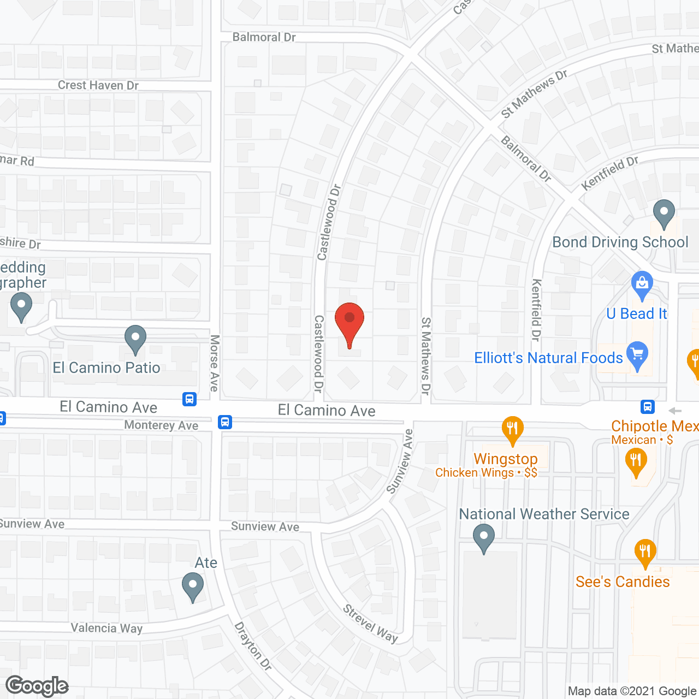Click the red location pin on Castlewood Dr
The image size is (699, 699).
[349, 322]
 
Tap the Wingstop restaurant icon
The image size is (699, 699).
[512, 429]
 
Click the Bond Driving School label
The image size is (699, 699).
[620, 242]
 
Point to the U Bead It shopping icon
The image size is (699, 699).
[642, 284]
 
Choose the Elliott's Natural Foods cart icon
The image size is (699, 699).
[637, 355]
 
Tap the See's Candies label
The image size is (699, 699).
[623, 582]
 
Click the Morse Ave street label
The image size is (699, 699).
[215, 363]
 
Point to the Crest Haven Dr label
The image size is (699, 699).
[98, 85]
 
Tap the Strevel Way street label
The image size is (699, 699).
[370, 624]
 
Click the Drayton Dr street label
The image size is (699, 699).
[253, 646]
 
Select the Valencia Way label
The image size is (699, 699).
[106, 628]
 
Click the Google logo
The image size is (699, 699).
[37, 686]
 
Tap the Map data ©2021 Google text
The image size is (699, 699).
[632, 691]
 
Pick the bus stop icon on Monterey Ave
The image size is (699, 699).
[225, 422]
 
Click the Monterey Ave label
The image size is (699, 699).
[161, 425]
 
